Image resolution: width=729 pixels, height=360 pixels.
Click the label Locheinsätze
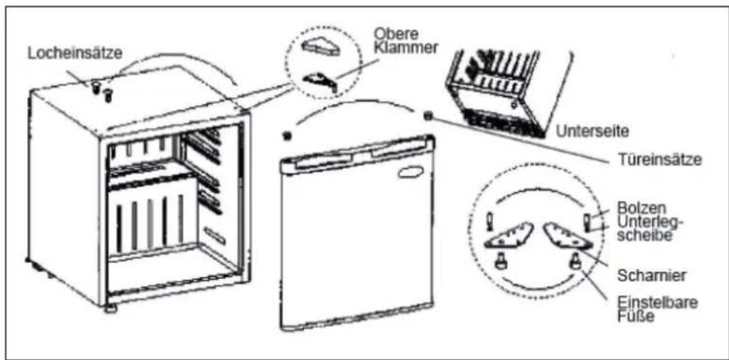75,53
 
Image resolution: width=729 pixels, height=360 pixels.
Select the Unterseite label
592,131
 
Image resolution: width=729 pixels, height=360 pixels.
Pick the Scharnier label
645,275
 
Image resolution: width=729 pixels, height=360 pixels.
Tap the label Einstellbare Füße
657,310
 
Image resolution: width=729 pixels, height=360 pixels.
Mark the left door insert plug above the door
287,136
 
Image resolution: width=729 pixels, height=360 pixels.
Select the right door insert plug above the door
428,116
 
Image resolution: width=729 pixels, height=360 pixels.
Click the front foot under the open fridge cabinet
110,309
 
